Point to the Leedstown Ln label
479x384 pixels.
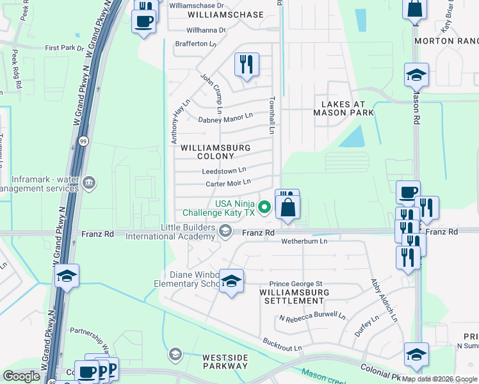pyautogui.click(x=223, y=171)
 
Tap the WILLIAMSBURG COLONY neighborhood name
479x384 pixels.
pyautogui.click(x=215, y=152)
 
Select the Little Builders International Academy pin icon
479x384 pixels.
pyautogui.click(x=225, y=231)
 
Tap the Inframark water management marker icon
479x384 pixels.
pyautogui.click(x=89, y=183)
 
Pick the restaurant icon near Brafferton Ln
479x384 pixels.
pyautogui.click(x=247, y=65)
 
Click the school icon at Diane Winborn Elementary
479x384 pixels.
pyautogui.click(x=232, y=281)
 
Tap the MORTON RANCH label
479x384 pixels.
pyautogui.click(x=446, y=40)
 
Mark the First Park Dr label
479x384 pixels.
pyautogui.click(x=64, y=48)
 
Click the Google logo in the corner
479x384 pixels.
pyautogui.click(x=21, y=376)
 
